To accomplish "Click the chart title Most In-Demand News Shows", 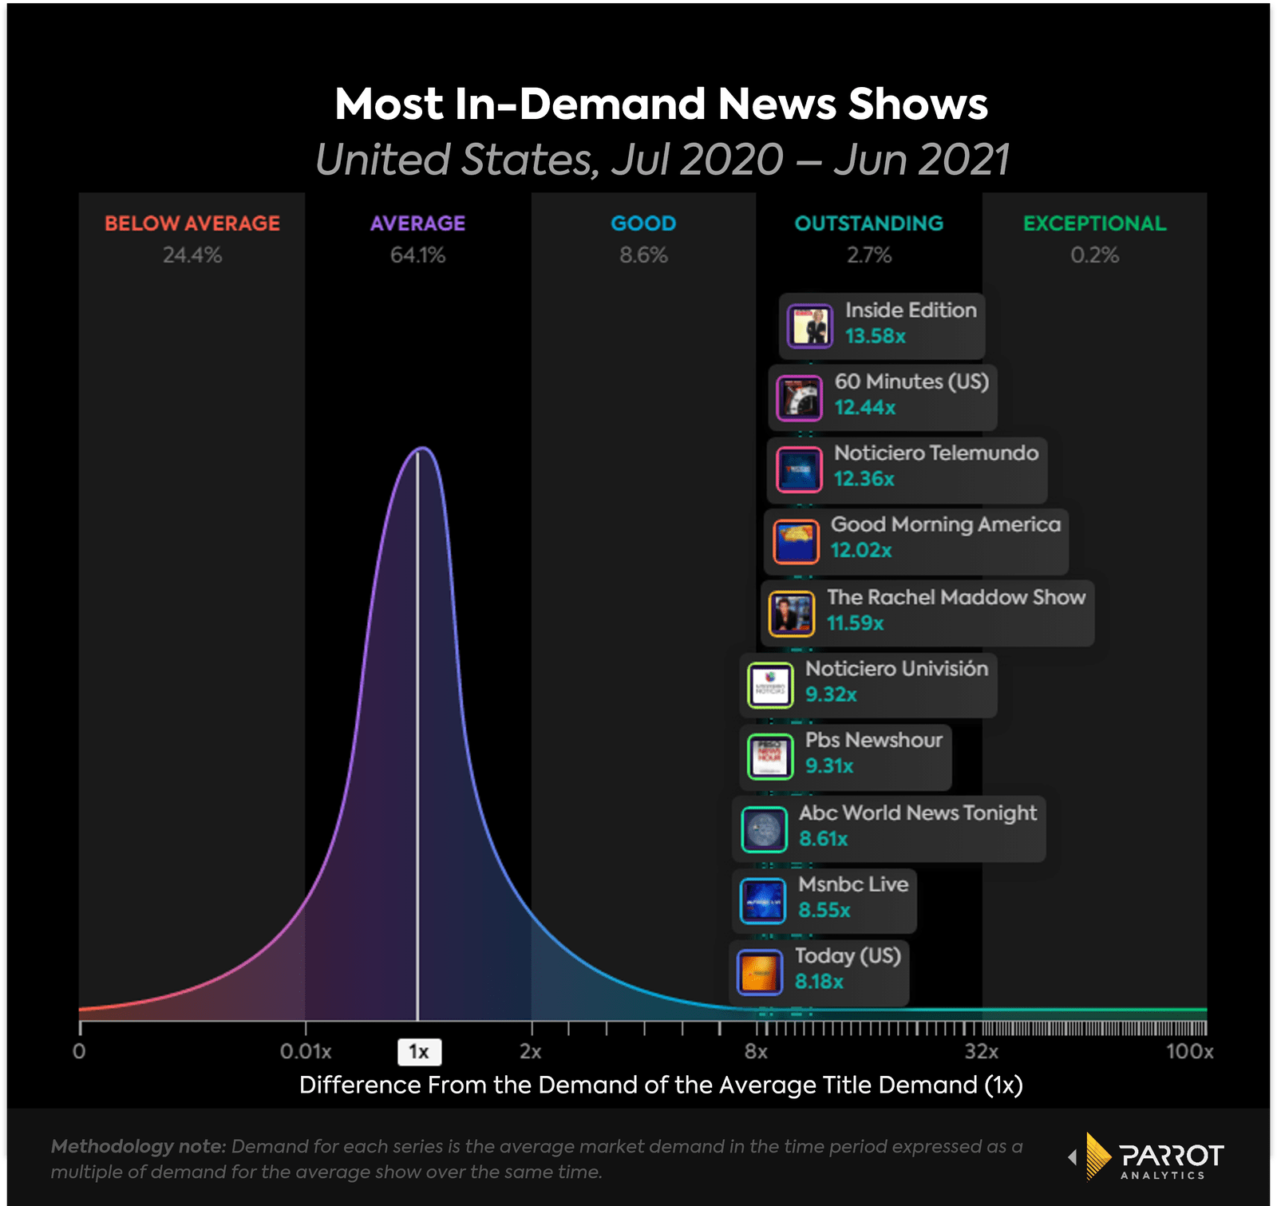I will pyautogui.click(x=661, y=105).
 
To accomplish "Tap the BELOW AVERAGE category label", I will pyautogui.click(x=192, y=223).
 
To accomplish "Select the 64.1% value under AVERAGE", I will pyautogui.click(x=417, y=255).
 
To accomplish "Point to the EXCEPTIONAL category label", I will pyautogui.click(x=1094, y=223).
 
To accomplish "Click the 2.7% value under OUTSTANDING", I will pyautogui.click(x=869, y=255).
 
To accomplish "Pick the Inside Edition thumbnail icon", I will pyautogui.click(x=810, y=326).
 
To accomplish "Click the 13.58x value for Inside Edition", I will pyautogui.click(x=876, y=336).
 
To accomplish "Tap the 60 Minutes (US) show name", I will pyautogui.click(x=911, y=382).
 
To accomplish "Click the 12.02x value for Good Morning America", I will pyautogui.click(x=861, y=551).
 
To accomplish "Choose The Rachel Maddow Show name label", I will pyautogui.click(x=956, y=597).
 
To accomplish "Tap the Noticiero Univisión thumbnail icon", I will pyautogui.click(x=770, y=686).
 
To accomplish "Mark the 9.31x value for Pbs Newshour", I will pyautogui.click(x=829, y=766).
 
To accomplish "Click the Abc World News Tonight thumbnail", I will pyautogui.click(x=764, y=830).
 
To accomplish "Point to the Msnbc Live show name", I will pyautogui.click(x=853, y=884).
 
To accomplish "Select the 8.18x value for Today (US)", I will pyautogui.click(x=819, y=982).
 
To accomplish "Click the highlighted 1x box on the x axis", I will pyautogui.click(x=419, y=1052).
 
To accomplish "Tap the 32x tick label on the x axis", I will pyautogui.click(x=981, y=1052).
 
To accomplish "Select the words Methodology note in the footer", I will pyautogui.click(x=139, y=1147).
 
